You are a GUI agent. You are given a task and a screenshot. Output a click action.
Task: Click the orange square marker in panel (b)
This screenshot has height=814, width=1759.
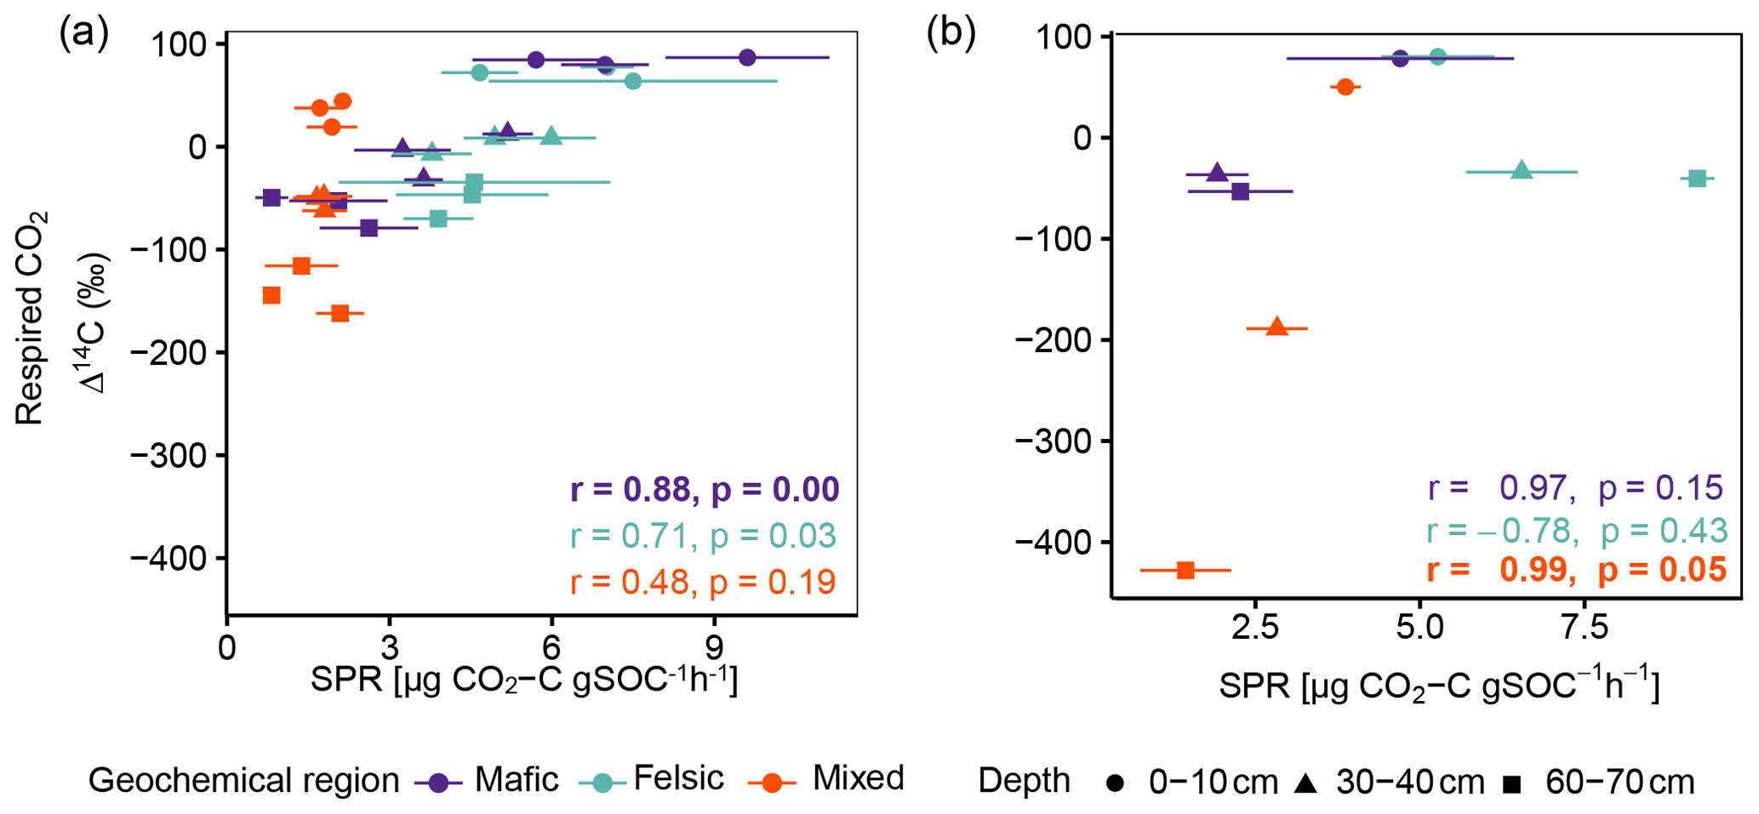pos(1185,570)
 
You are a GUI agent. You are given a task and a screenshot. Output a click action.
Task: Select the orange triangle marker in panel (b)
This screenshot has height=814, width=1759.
pos(1276,327)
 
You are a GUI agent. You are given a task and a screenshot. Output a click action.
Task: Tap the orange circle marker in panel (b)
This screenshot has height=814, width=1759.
pos(1345,87)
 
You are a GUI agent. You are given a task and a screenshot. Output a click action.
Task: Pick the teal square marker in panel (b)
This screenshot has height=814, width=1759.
pos(1698,179)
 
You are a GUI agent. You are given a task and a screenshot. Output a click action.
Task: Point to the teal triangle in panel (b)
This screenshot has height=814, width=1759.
pos(1522,171)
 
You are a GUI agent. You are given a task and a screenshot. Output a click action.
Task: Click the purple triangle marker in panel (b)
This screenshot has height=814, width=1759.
pos(1217,173)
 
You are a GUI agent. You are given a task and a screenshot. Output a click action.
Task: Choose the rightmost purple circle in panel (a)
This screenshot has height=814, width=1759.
pos(747,58)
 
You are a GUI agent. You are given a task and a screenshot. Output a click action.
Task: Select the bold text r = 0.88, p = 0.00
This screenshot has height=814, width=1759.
pos(705,490)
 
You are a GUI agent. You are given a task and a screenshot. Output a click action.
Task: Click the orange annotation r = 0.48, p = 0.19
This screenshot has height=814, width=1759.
pos(703,582)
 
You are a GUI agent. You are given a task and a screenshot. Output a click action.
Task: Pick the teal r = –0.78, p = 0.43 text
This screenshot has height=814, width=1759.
pos(1576,531)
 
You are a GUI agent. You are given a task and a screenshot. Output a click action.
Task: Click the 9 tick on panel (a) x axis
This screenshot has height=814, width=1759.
pos(715,648)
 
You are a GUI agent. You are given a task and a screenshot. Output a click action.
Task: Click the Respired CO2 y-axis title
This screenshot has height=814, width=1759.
pos(31,319)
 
